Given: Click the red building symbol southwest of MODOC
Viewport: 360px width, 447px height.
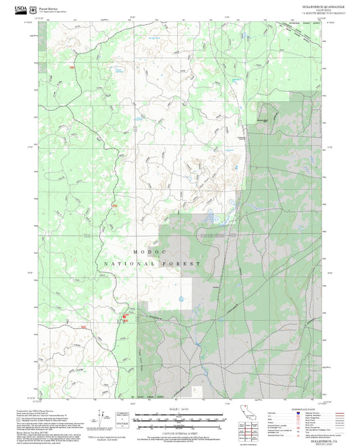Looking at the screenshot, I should pos(124,316).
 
